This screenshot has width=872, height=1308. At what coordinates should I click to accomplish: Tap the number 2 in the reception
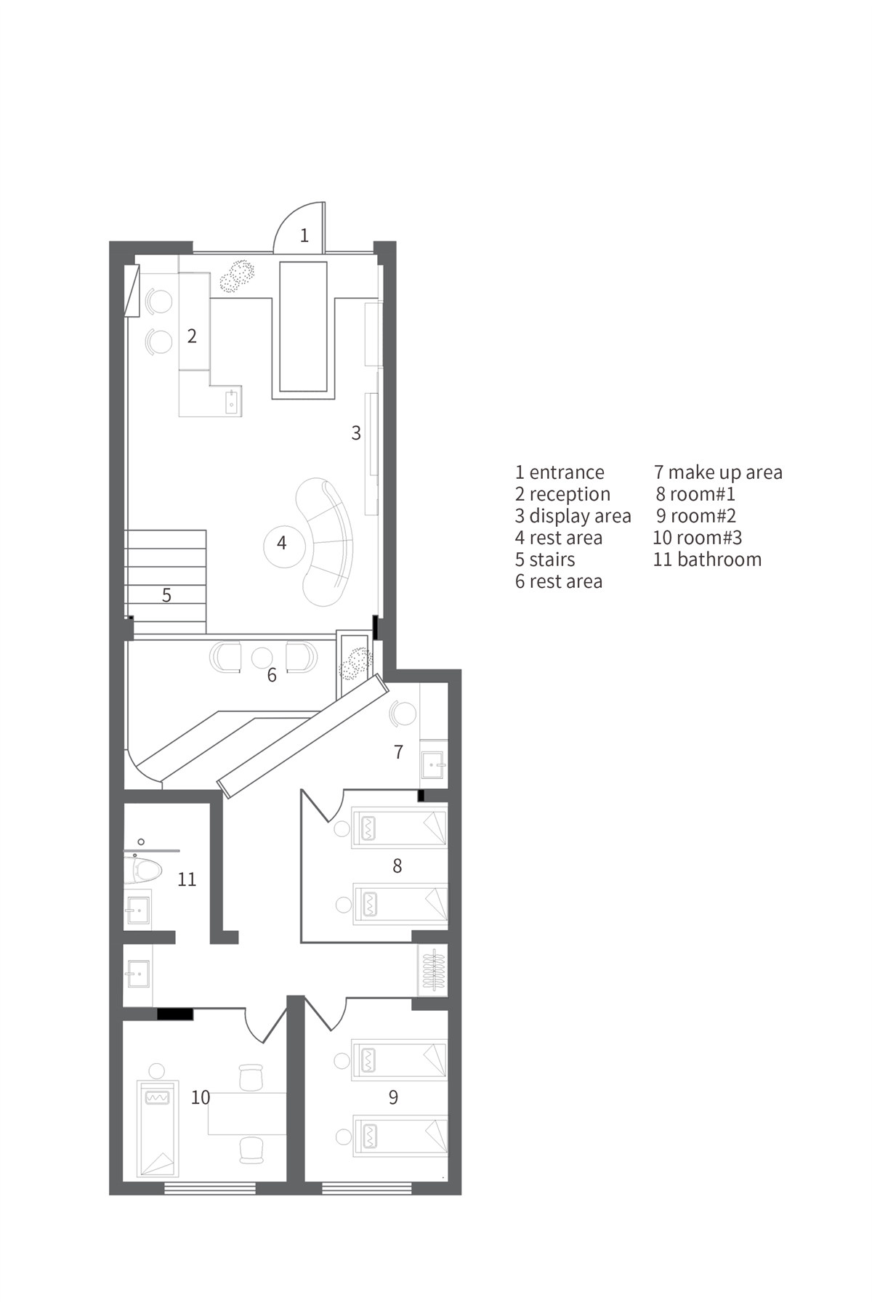point(192,336)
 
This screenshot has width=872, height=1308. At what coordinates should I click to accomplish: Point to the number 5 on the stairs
point(166,596)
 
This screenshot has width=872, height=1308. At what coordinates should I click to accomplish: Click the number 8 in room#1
point(397,865)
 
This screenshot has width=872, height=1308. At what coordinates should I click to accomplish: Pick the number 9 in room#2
point(393,1097)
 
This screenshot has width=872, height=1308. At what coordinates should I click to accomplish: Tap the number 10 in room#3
point(201,1097)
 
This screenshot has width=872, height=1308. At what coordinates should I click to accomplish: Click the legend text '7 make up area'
point(718,473)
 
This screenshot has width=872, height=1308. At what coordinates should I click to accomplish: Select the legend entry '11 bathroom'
point(707,560)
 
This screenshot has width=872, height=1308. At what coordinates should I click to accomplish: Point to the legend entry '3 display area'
point(573,517)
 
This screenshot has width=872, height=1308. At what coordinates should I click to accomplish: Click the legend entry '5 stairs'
point(545,560)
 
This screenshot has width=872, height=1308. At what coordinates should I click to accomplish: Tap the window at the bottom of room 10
point(210,1189)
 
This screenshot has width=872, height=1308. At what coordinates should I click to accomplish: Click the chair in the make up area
point(402,713)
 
